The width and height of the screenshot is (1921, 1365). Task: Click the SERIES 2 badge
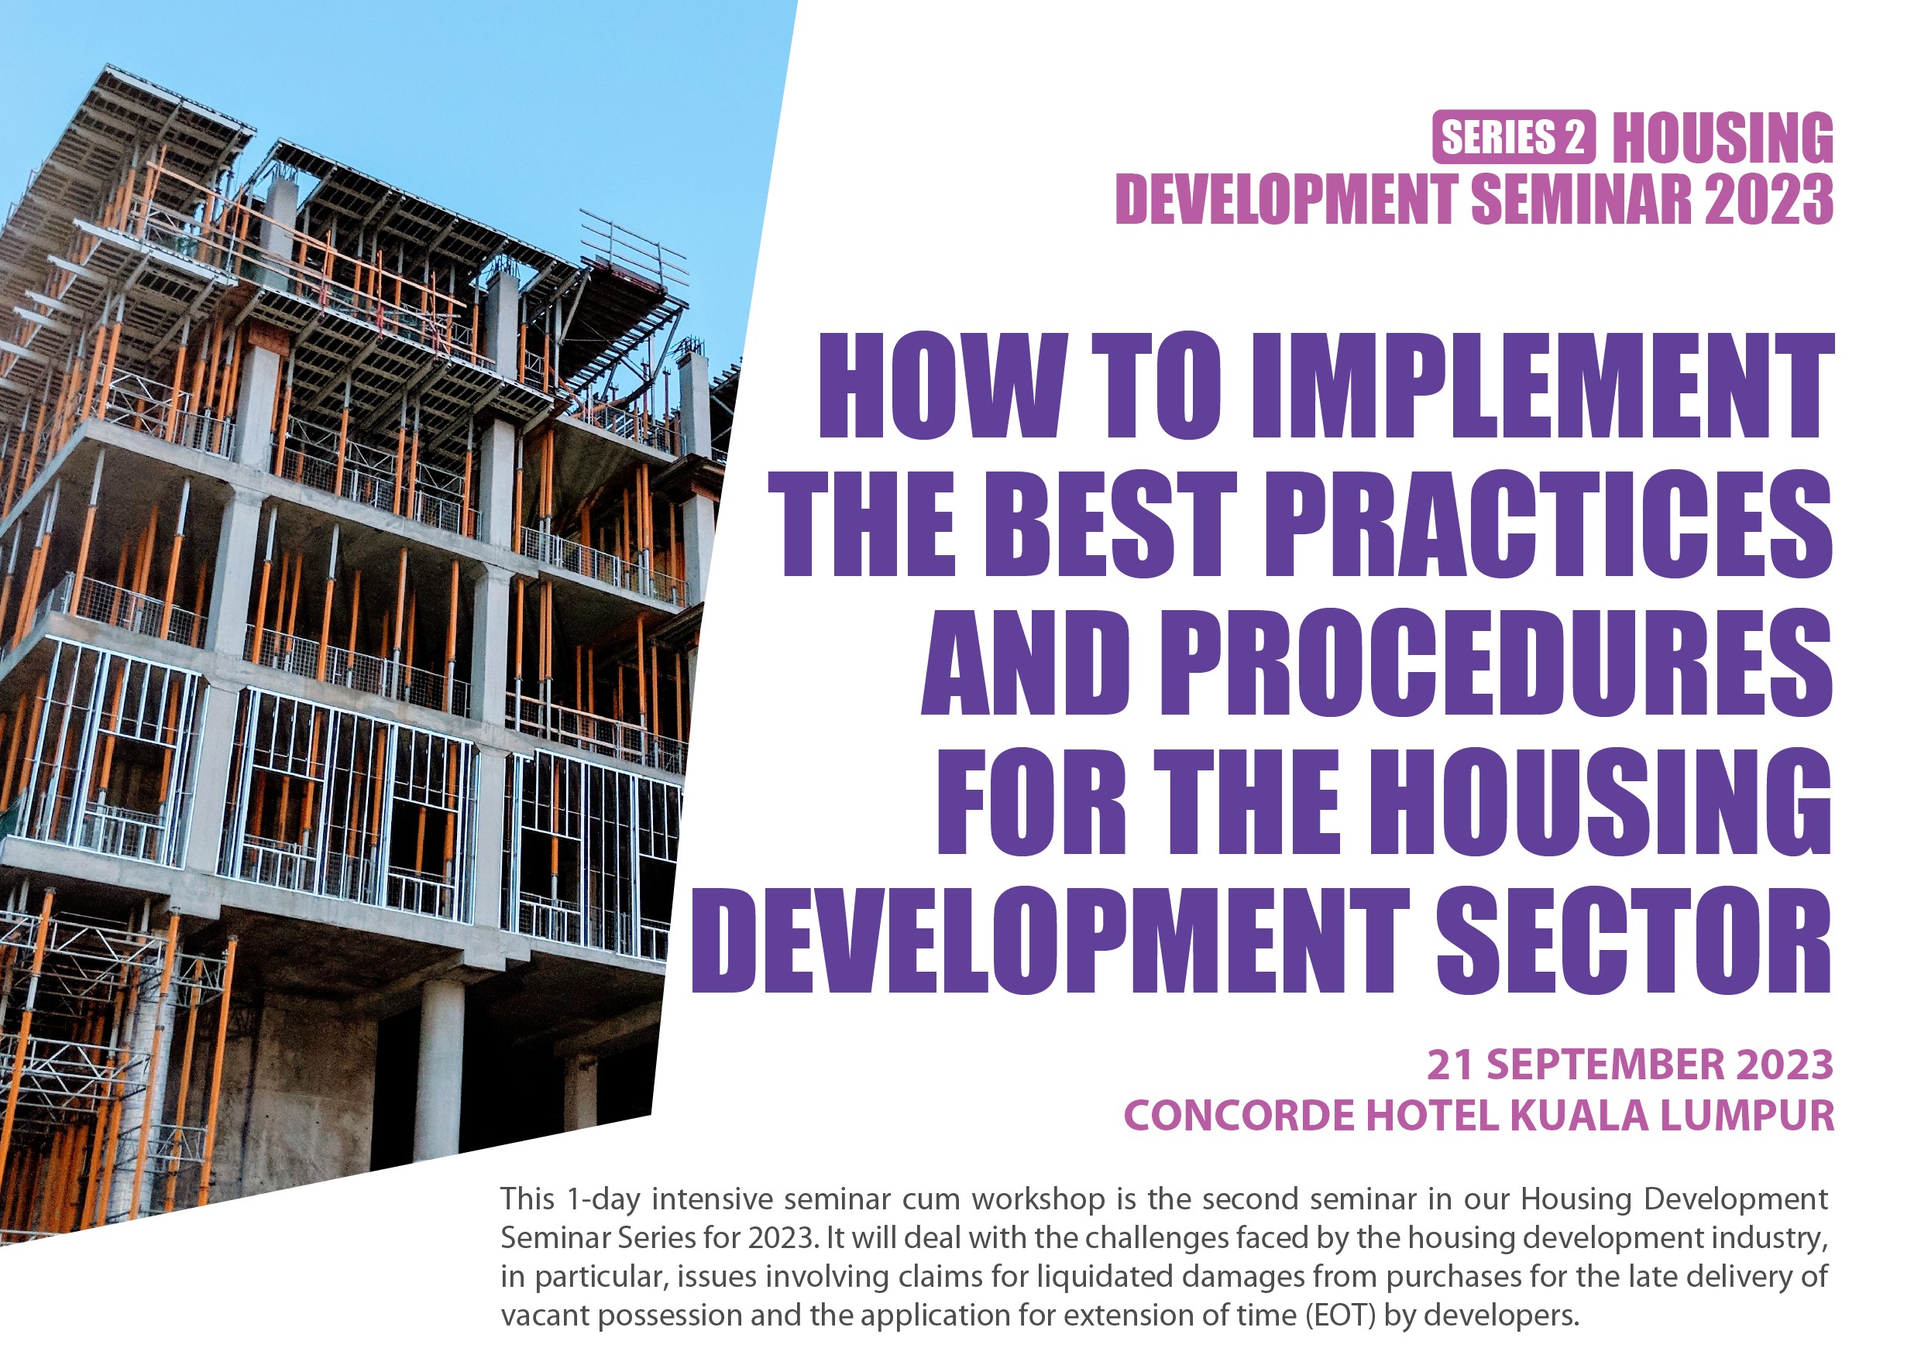[1514, 137]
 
